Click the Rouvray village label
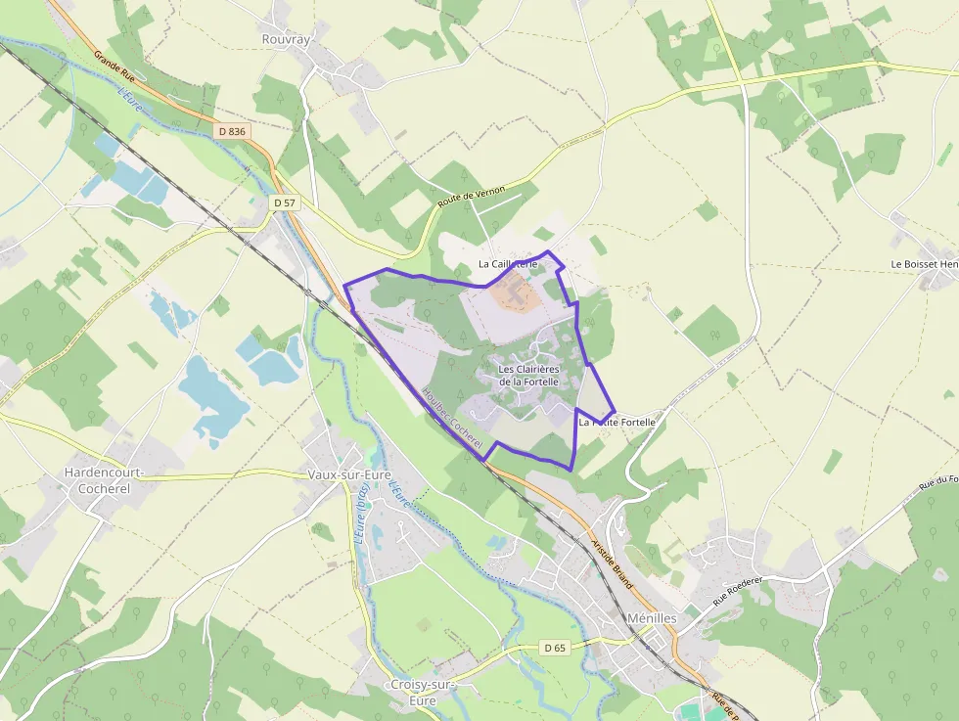tap(286, 39)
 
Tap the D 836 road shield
tap(232, 131)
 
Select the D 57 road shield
tap(285, 203)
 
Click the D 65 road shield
tap(554, 648)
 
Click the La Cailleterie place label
tap(508, 264)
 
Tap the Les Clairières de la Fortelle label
tap(527, 375)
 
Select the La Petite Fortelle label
tap(616, 423)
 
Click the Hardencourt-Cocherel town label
tap(104, 479)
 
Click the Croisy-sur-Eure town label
tap(423, 692)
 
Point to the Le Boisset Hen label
tap(924, 264)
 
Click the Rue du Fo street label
tap(937, 483)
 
